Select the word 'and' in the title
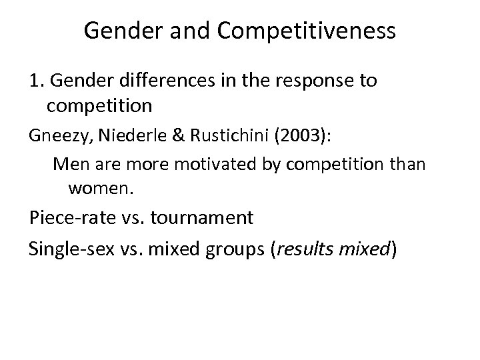[175, 30]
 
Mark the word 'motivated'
[179, 163]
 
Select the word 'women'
[99, 189]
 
